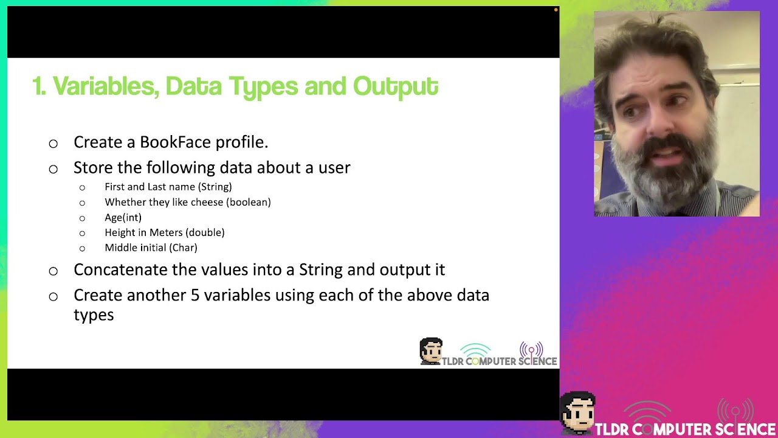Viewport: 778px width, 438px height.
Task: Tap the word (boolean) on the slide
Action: [x=249, y=202]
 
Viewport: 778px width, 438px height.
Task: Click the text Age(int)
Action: [x=123, y=217]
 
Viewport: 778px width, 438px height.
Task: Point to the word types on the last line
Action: [x=94, y=315]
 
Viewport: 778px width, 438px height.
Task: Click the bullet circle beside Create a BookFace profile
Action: [x=53, y=144]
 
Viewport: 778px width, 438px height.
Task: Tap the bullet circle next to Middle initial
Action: [x=82, y=248]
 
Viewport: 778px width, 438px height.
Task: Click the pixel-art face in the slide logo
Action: [x=431, y=351]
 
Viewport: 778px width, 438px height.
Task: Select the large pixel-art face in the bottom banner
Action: [x=577, y=413]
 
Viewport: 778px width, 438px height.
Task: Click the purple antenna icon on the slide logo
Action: [x=531, y=350]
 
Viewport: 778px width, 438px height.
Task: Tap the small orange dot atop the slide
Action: [x=556, y=10]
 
